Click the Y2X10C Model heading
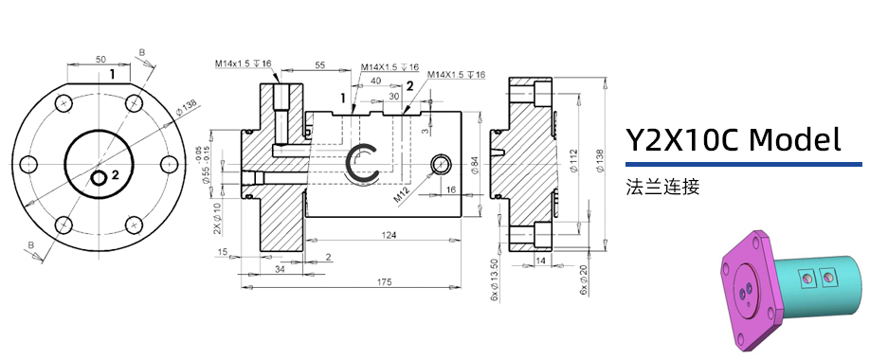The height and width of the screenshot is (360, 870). coord(733,140)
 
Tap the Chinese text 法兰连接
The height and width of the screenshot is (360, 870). coord(662,187)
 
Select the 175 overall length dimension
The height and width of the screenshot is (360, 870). coord(383,283)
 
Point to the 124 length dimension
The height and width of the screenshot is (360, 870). coord(389,234)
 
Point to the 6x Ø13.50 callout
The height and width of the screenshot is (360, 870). coord(494,279)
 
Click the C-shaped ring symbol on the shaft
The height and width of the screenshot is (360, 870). coord(363,163)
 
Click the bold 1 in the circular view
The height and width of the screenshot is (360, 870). coord(112,73)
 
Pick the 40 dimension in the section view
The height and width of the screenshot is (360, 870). coord(375,81)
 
